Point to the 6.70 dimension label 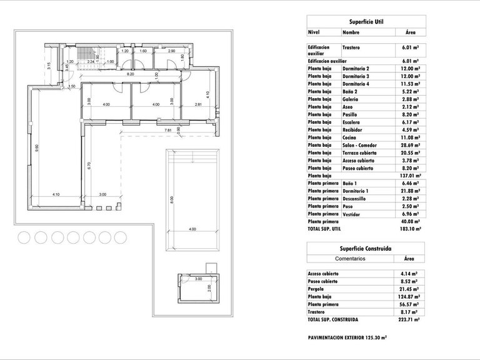[90, 166]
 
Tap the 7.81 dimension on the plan [167, 130]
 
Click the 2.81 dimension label [198, 104]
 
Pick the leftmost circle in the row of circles [25, 237]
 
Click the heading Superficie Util [366, 21]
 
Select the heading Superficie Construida [366, 248]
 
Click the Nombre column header [351, 32]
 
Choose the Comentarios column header [352, 258]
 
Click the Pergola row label [317, 289]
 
